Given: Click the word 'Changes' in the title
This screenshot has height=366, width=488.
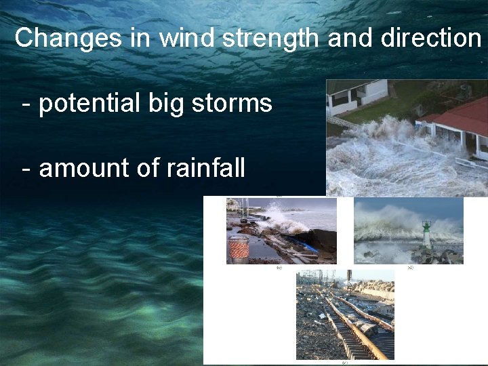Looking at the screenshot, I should coord(68,38).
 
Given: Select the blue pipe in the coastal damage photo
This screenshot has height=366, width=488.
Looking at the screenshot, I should coord(306,244).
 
